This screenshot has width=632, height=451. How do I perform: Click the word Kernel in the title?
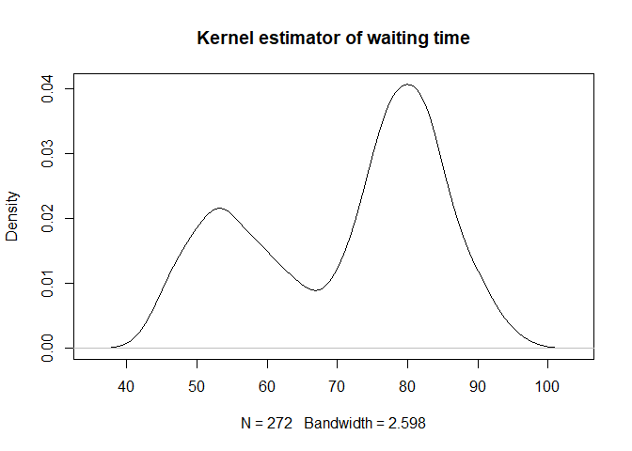tap(219, 39)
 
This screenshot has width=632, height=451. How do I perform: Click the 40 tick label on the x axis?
tap(127, 384)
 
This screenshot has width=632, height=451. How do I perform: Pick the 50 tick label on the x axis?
tap(197, 384)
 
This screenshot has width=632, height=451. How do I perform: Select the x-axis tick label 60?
tap(267, 384)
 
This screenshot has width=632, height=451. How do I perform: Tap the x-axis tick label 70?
tap(338, 384)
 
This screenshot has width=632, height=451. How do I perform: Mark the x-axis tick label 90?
tap(478, 384)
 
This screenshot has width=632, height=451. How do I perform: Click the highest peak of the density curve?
tap(407, 85)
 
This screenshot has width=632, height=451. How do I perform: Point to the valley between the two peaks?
tap(316, 290)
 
